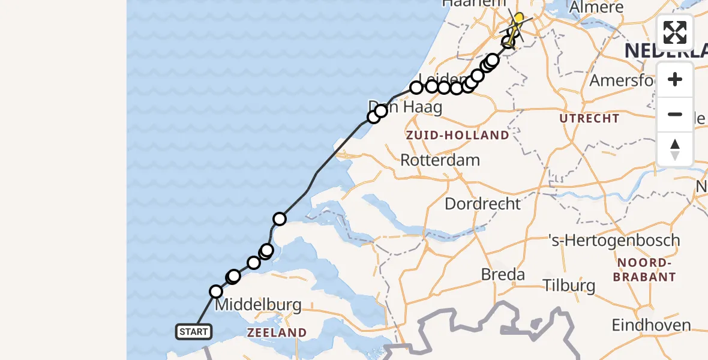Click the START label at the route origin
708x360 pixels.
pyautogui.click(x=193, y=331)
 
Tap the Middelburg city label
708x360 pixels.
pyautogui.click(x=258, y=305)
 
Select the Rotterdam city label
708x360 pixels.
pyautogui.click(x=440, y=160)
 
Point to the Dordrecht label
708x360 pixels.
pyautogui.click(x=482, y=203)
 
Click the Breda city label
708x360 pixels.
pyautogui.click(x=503, y=275)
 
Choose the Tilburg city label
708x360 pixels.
pyautogui.click(x=569, y=285)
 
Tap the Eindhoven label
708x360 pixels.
pyautogui.click(x=651, y=325)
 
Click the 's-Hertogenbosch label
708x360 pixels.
pyautogui.click(x=614, y=241)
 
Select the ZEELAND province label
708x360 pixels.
pyautogui.click(x=277, y=332)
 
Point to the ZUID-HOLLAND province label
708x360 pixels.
pyautogui.click(x=457, y=136)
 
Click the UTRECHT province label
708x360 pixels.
pyautogui.click(x=589, y=118)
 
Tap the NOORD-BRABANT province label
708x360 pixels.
pyautogui.click(x=644, y=270)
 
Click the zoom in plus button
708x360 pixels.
pyautogui.click(x=675, y=80)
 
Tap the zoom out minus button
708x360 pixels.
pyautogui.click(x=675, y=114)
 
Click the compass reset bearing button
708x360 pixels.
pyautogui.click(x=675, y=149)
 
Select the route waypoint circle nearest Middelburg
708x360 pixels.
pyautogui.click(x=216, y=292)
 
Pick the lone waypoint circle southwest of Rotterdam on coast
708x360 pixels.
pyautogui.click(x=280, y=218)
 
